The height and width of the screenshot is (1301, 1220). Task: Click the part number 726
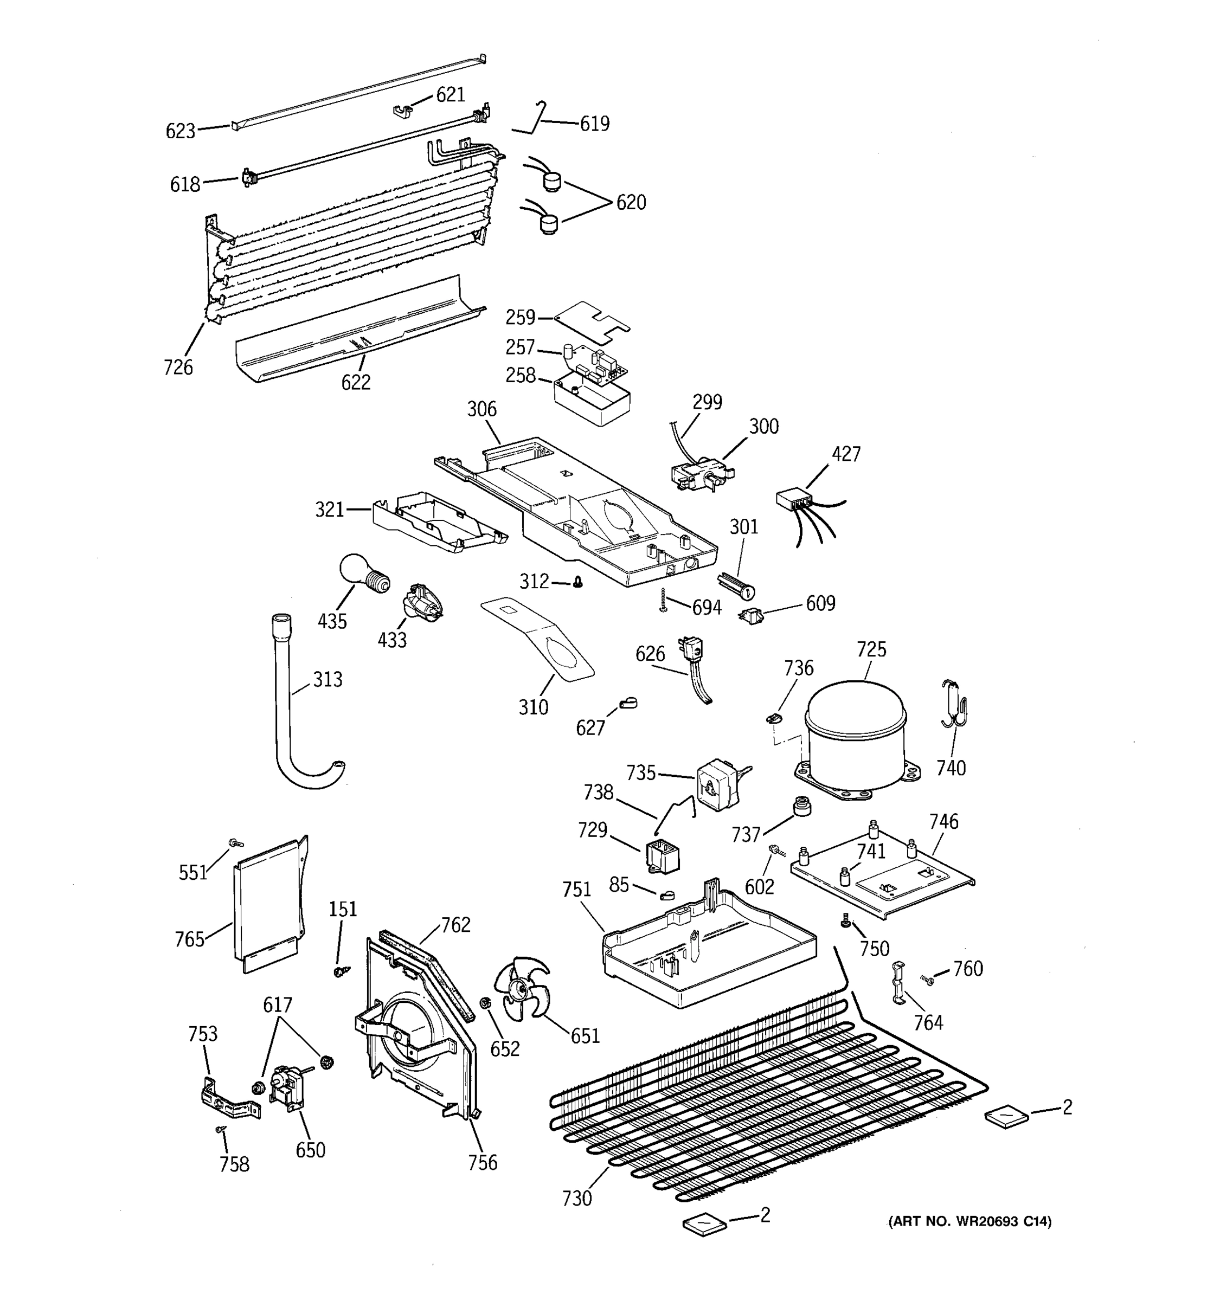point(178,367)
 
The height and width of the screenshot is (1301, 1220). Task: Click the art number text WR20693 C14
point(970,1221)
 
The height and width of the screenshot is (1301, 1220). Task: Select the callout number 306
point(481,410)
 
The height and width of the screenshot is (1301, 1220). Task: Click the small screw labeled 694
point(664,600)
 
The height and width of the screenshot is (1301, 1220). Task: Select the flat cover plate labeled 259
point(592,321)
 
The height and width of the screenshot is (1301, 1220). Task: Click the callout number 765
point(189,939)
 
